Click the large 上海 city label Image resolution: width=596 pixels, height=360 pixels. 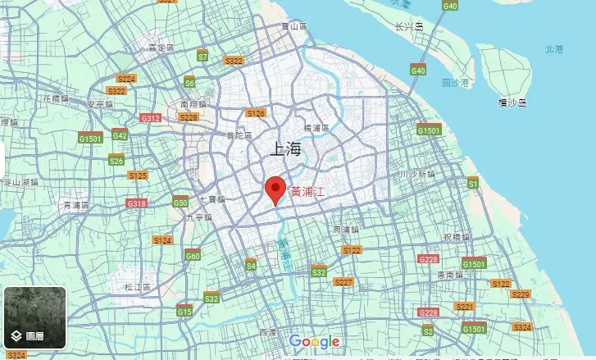pyautogui.click(x=286, y=149)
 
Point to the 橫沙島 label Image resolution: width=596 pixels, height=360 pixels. pyautogui.click(x=512, y=103)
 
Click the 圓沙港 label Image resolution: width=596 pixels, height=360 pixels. pyautogui.click(x=455, y=83)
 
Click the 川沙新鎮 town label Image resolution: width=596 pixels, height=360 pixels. pyautogui.click(x=416, y=175)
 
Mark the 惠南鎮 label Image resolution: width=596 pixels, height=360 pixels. pyautogui.click(x=452, y=275)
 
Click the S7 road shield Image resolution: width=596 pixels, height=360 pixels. pyautogui.click(x=202, y=57)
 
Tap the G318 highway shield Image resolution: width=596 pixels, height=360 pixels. pyautogui.click(x=136, y=203)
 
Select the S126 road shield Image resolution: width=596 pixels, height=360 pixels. pyautogui.click(x=256, y=113)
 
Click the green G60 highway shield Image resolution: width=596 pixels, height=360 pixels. pyautogui.click(x=193, y=256)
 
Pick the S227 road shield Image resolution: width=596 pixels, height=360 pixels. pyautogui.click(x=343, y=282)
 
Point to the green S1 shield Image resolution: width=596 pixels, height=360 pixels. pyautogui.click(x=472, y=185)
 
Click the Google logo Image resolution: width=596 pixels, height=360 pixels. pyautogui.click(x=314, y=342)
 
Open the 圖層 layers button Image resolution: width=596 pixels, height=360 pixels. pyautogui.click(x=34, y=317)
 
